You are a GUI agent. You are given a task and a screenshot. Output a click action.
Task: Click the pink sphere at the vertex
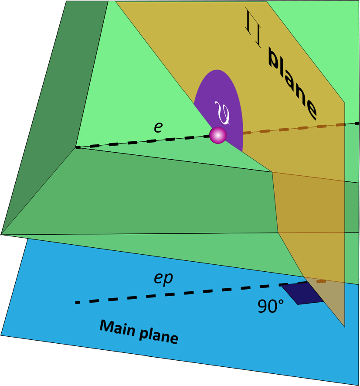218,135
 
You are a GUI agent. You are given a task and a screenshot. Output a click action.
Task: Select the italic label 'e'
158,127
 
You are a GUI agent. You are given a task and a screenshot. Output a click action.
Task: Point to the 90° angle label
271,307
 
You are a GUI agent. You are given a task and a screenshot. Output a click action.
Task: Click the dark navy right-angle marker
302,294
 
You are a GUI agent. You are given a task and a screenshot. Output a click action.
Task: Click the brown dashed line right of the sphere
296,128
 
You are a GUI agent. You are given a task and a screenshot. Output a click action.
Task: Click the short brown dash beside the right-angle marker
321,281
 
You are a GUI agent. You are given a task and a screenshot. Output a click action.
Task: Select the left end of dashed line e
77,148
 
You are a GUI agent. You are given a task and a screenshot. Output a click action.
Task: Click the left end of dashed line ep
77,302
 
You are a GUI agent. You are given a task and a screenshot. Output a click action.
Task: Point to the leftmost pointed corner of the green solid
2,234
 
